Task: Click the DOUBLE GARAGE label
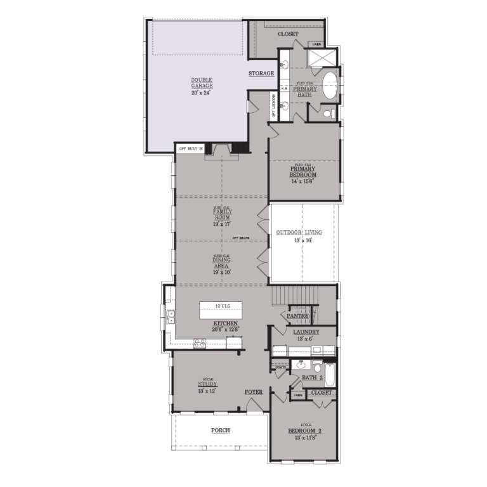click(x=202, y=86)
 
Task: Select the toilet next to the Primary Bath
click(x=328, y=114)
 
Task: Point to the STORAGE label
click(x=261, y=74)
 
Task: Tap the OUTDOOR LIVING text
click(x=299, y=233)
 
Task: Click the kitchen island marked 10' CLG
click(x=221, y=309)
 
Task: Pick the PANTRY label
click(x=297, y=316)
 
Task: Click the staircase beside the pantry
click(x=294, y=295)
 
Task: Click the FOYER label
click(x=254, y=393)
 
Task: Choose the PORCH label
click(x=220, y=431)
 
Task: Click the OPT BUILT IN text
click(x=191, y=149)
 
